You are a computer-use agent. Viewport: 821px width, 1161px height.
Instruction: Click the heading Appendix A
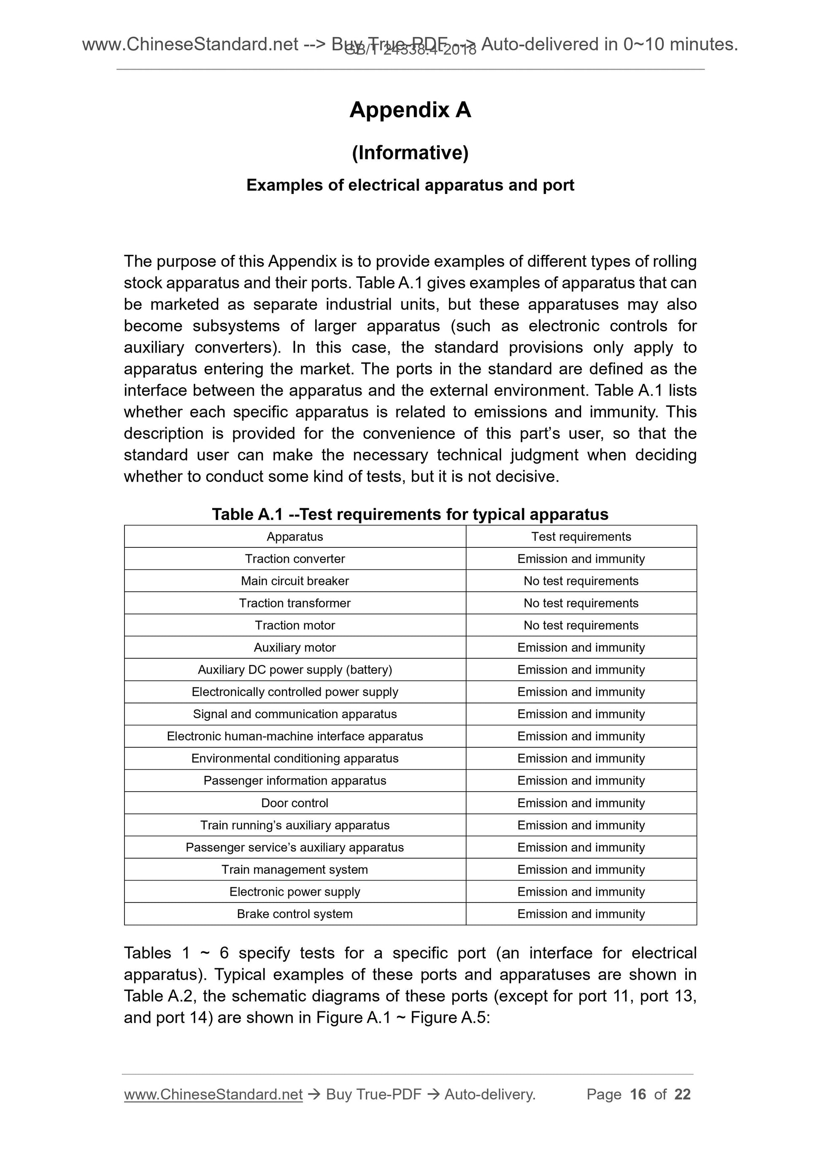click(410, 110)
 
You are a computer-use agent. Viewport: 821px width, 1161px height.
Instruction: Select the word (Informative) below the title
click(410, 152)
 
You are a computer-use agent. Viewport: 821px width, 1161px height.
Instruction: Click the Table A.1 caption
click(410, 514)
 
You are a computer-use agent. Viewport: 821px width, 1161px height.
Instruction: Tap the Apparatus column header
click(294, 536)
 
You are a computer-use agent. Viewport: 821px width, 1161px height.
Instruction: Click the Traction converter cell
click(294, 559)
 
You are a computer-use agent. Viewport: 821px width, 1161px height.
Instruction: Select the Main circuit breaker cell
click(294, 581)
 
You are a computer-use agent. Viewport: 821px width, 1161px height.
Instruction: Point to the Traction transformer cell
click(294, 603)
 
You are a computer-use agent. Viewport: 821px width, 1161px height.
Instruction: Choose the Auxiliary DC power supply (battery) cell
click(294, 670)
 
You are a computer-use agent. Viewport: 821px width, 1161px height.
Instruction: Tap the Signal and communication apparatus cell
click(294, 714)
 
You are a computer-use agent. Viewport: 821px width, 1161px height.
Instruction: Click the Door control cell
click(294, 803)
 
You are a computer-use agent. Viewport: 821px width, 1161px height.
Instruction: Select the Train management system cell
click(294, 870)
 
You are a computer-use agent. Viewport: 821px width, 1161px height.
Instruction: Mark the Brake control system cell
click(294, 914)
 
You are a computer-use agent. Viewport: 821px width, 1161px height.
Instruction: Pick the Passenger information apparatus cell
click(294, 781)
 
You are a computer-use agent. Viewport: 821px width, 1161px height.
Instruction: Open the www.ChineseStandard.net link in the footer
click(213, 1094)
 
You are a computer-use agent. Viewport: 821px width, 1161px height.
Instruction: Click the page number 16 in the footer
click(638, 1094)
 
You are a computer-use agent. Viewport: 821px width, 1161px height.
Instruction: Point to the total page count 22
click(682, 1094)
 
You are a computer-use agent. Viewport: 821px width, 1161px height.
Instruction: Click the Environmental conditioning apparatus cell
click(294, 759)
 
